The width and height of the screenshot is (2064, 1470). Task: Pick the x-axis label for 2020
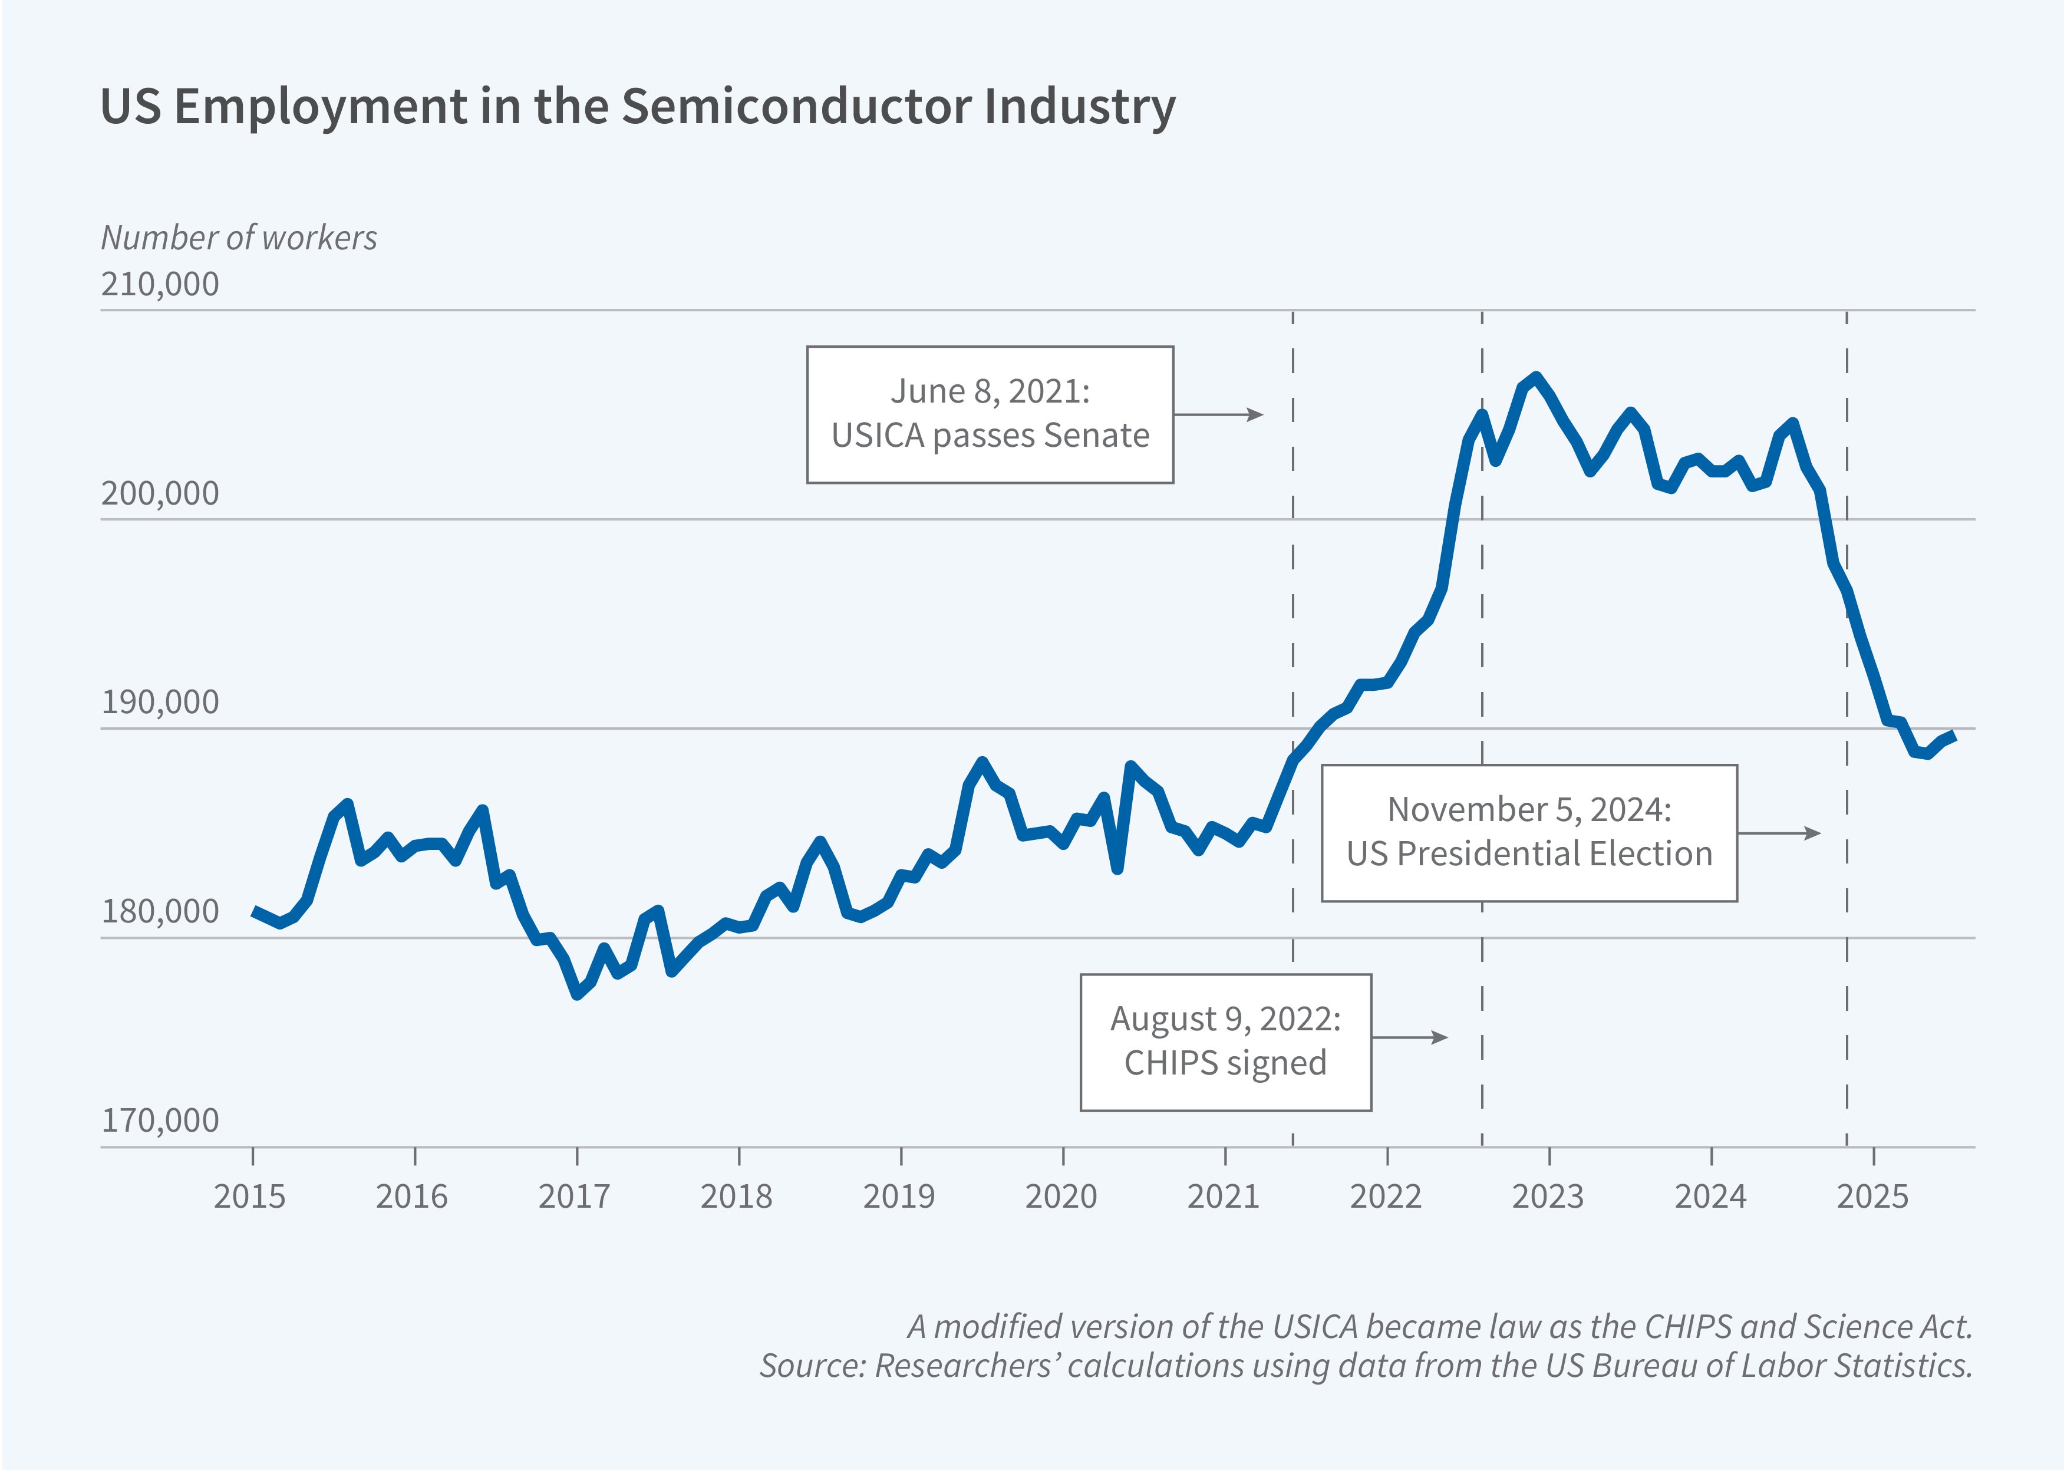1060,1197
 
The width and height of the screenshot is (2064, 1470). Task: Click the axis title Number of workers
238,237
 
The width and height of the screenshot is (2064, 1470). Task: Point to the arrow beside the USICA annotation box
1218,414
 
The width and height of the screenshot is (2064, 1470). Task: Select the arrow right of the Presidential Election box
1779,833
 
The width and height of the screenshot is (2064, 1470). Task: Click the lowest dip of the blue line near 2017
578,994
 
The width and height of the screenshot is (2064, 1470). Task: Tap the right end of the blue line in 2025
1954,735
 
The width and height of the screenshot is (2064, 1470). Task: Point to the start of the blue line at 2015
255,911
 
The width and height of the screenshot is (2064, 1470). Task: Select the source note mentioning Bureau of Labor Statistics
1364,1365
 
